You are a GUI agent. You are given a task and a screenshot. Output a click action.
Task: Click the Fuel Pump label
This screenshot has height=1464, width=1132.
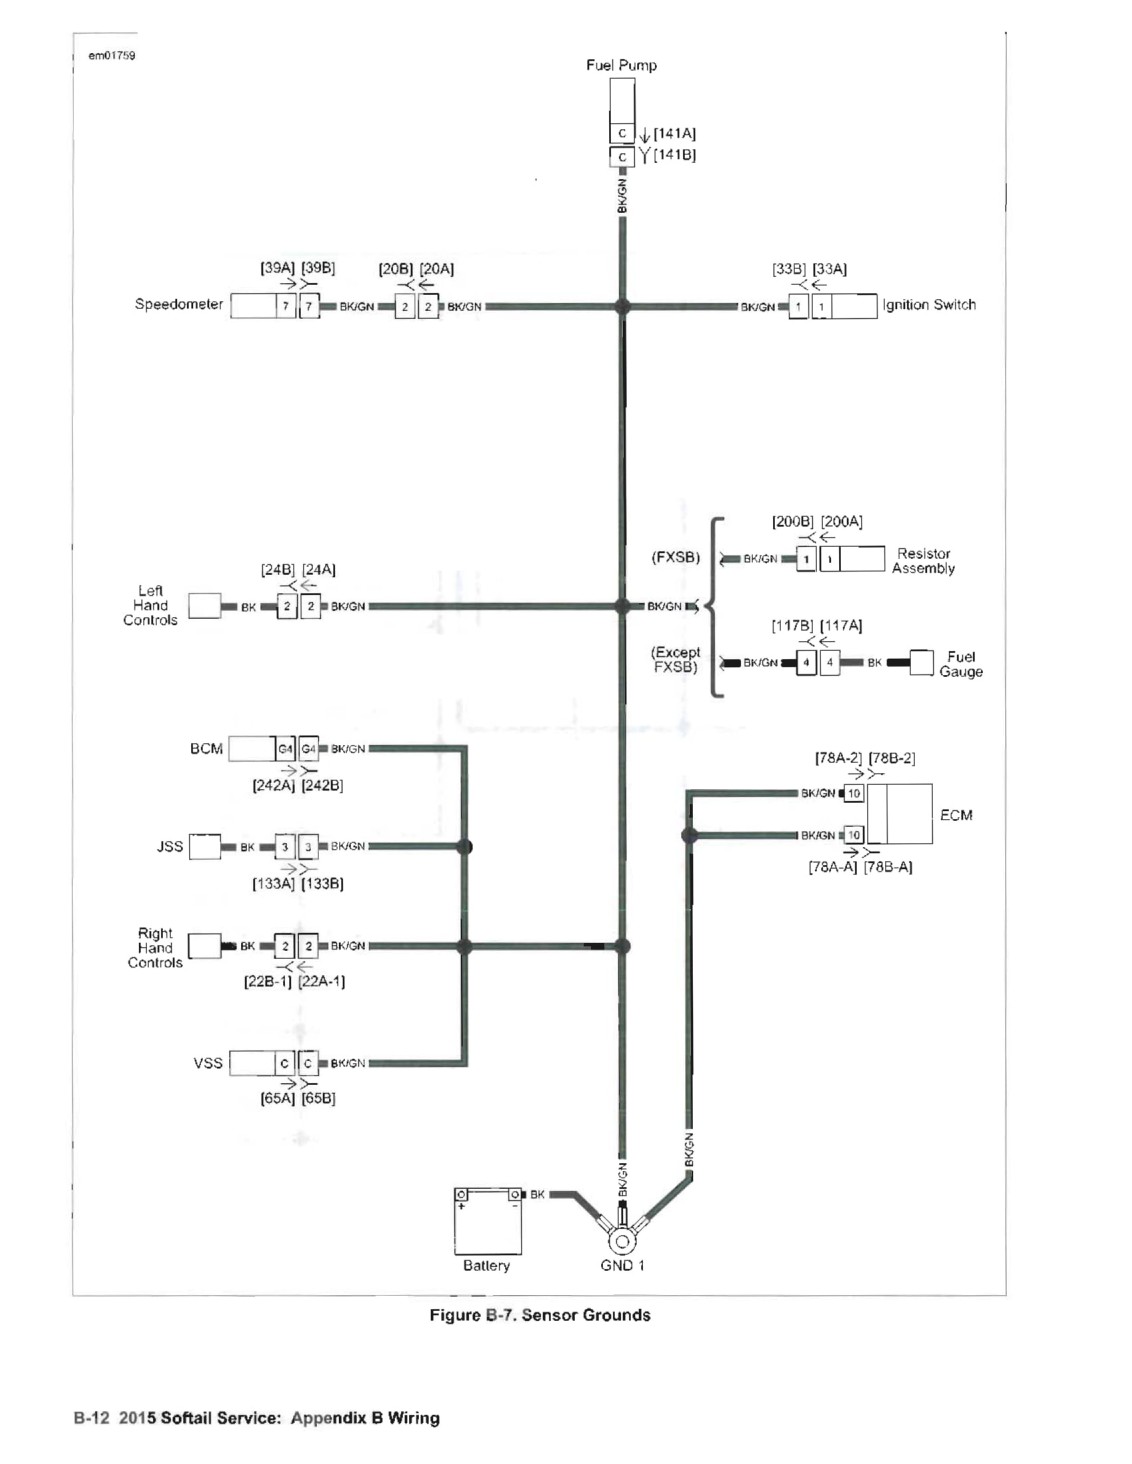620,65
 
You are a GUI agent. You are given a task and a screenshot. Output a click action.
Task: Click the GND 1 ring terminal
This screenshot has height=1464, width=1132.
622,1240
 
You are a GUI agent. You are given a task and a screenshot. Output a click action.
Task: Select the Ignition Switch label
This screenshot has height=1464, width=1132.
929,305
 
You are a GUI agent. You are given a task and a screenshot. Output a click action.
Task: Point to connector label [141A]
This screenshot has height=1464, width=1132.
674,133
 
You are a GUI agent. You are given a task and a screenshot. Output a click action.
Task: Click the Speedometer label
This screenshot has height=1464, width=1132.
178,304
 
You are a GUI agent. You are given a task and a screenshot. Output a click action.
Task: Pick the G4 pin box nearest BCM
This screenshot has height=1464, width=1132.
286,749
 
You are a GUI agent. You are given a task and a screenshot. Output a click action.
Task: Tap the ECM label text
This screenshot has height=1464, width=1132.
956,815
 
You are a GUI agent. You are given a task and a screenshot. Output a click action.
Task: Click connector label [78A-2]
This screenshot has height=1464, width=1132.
838,758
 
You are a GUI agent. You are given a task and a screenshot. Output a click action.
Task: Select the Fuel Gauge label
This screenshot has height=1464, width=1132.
961,664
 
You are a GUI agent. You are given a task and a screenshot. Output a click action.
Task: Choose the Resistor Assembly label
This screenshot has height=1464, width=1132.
923,561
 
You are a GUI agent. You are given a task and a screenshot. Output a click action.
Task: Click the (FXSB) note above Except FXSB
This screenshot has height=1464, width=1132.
675,558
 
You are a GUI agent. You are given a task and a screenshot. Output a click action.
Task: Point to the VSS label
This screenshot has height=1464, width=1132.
207,1062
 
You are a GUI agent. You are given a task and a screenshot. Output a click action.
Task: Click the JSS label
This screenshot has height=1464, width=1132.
170,846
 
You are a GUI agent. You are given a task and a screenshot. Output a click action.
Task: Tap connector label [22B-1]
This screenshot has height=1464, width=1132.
267,981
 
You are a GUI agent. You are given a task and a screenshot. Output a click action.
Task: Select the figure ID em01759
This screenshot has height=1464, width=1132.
112,55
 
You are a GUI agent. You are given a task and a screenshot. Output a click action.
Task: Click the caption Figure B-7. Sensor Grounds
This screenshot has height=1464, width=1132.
540,1314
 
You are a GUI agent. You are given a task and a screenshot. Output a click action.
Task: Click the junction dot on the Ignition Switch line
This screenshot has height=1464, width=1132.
622,307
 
